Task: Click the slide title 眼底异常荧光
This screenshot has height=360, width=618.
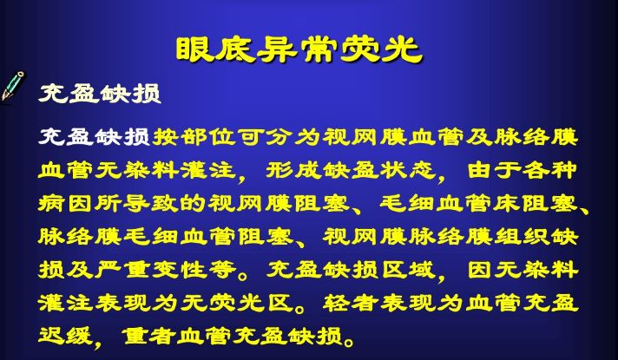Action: click(x=299, y=50)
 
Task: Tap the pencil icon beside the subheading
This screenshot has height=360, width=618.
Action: click(x=12, y=86)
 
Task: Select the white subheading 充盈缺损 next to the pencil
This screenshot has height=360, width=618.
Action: click(x=99, y=94)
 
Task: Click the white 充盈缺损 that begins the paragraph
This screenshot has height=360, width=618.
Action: click(x=95, y=137)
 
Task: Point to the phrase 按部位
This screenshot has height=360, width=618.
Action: click(x=194, y=137)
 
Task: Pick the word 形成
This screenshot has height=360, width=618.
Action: click(x=293, y=171)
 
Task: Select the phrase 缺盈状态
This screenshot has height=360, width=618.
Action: click(x=380, y=171)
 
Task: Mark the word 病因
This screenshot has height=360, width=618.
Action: click(x=66, y=204)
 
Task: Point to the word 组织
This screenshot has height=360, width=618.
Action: click(x=523, y=237)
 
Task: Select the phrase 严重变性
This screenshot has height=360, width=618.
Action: click(x=151, y=270)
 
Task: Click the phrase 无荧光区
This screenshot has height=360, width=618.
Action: click(x=238, y=304)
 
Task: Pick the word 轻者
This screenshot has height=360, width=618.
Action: click(x=351, y=304)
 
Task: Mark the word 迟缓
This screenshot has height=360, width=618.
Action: click(x=66, y=336)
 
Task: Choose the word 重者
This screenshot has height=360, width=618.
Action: click(x=148, y=336)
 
